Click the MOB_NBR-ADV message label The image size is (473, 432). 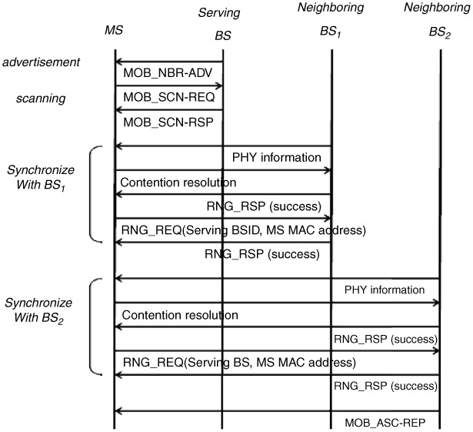(168, 73)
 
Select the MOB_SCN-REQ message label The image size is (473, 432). (169, 97)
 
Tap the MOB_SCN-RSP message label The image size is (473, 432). (168, 122)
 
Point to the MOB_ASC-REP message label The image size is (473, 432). (385, 423)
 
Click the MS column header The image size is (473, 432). (114, 30)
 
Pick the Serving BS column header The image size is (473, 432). (220, 24)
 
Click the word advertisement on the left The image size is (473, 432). (41, 62)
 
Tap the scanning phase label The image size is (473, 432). (41, 99)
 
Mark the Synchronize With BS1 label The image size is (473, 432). (41, 178)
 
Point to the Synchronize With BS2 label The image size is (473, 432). (38, 310)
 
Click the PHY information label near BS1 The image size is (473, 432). (277, 158)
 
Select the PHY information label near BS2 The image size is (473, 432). (385, 290)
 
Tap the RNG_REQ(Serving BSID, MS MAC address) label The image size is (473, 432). (244, 230)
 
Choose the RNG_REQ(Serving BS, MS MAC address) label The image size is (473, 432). (239, 363)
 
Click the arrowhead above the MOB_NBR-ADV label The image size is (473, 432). (118, 62)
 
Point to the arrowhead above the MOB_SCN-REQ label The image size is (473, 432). (218, 86)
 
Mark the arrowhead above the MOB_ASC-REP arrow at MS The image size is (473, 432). (118, 411)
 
